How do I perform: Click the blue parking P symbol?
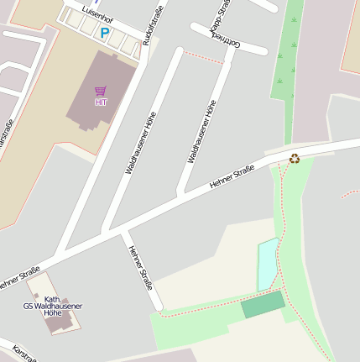105,33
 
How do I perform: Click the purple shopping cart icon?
101,91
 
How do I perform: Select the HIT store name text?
101,102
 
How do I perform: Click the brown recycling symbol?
295,157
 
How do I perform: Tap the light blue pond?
267,263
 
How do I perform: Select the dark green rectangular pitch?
263,304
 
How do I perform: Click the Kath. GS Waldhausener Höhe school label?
52,307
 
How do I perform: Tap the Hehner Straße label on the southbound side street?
140,266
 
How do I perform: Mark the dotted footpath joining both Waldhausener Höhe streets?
202,57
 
